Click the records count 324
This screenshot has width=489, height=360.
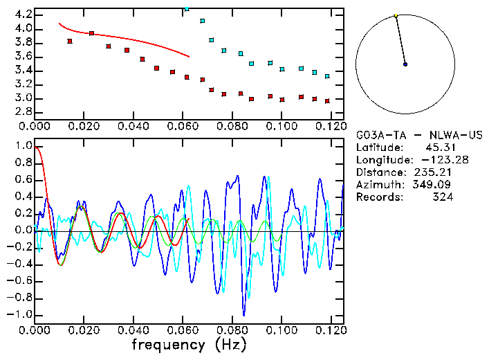pos(443,197)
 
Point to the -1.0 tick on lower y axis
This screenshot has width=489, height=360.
pos(20,314)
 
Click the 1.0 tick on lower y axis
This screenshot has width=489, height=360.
pos(23,147)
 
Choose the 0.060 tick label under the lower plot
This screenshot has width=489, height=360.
pos(181,331)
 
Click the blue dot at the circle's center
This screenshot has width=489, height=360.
pos(405,64)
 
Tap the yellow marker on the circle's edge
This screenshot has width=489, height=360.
pos(396,15)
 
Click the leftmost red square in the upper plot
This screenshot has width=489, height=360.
pos(70,42)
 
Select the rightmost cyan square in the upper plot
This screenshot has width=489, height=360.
pos(327,76)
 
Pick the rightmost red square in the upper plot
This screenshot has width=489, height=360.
pos(327,101)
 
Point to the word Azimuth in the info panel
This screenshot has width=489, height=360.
pos(378,184)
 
